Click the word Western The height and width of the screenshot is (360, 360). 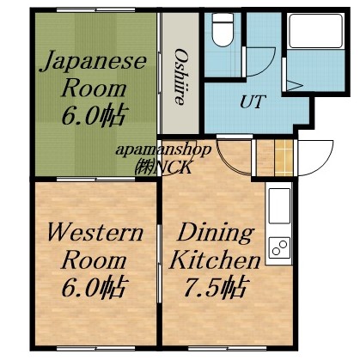click(83, 233)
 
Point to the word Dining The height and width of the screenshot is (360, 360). click(216, 233)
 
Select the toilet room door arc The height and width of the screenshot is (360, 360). click(262, 64)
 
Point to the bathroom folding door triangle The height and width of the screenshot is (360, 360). click(294, 86)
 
